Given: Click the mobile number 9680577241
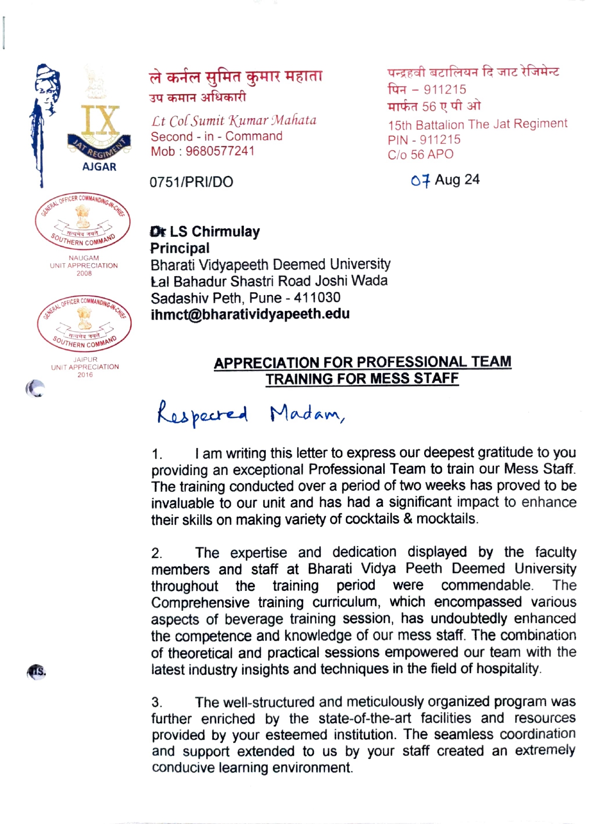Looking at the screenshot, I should coord(220,151).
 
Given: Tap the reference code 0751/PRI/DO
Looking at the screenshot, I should coord(191,182).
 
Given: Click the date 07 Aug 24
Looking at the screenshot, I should coord(445,180).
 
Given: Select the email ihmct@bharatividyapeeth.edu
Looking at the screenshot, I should coord(250,314).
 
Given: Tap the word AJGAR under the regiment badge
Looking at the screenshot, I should coord(99,167).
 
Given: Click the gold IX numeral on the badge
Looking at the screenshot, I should coord(100,121).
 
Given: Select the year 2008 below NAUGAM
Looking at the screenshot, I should coord(84,274).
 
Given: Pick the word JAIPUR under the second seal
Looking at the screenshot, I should coord(85,360).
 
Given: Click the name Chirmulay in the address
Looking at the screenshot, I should coord(226,232).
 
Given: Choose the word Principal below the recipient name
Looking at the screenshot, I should coord(180,248).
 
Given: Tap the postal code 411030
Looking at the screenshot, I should coord(317,298).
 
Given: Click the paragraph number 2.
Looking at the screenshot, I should coord(156,553).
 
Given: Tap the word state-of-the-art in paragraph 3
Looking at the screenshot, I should coord(365,719).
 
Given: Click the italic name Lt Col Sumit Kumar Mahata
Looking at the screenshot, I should coord(234,121).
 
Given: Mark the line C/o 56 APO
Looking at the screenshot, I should coord(421,155).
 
